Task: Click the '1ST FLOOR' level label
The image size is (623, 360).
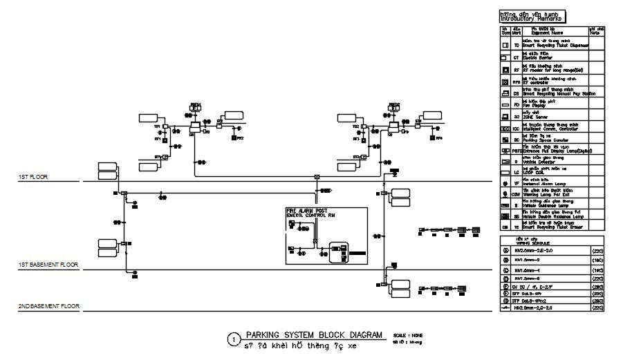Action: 32,178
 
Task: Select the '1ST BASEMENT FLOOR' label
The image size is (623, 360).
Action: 48,265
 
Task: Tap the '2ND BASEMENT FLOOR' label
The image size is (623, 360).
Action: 48,305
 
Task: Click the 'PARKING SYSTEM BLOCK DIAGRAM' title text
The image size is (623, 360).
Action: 314,334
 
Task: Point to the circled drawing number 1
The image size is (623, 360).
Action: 234,339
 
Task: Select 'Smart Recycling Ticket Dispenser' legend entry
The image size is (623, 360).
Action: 555,45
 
